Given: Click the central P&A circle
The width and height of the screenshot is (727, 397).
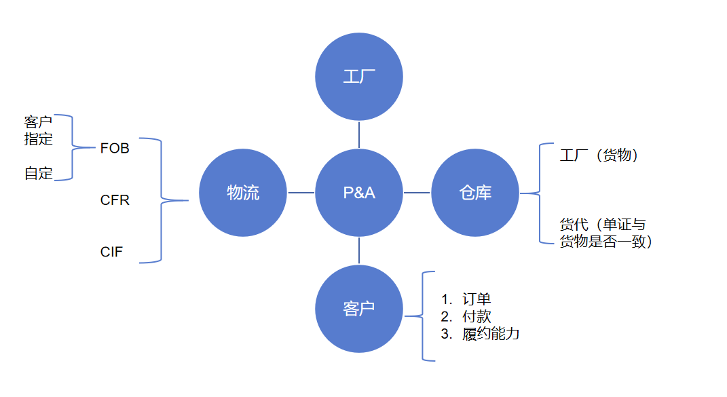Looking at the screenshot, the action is [x=359, y=193].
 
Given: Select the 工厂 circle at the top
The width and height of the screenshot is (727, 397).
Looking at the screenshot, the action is [x=359, y=77].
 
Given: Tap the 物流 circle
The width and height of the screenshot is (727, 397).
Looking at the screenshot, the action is [x=243, y=193].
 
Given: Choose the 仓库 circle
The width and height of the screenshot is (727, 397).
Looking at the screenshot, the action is [x=474, y=193].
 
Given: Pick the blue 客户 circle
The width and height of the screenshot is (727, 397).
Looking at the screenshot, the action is [x=359, y=308].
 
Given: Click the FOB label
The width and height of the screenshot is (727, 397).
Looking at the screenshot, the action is [x=115, y=149].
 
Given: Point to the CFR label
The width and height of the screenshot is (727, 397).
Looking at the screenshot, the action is [x=115, y=200].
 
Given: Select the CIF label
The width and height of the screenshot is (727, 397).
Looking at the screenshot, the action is [x=111, y=252].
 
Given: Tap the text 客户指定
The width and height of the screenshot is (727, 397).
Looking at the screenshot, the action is [x=38, y=130].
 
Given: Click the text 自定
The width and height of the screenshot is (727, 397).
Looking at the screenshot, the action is [x=38, y=174].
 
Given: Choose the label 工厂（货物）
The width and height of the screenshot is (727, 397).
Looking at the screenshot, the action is [x=599, y=155].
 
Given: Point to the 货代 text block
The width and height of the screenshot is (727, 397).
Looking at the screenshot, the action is [x=606, y=233].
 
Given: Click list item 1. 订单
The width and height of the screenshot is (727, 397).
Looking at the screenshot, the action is [x=466, y=299].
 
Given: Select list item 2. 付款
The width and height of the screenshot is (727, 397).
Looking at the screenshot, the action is [x=466, y=316].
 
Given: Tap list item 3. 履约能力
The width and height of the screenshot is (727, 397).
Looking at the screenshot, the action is [x=480, y=334].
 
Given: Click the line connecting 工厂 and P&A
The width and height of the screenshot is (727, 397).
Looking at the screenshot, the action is [x=359, y=134].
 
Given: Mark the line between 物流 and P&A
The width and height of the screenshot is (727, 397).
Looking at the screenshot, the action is [x=301, y=193].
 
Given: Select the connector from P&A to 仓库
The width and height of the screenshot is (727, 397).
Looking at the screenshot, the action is [x=417, y=193].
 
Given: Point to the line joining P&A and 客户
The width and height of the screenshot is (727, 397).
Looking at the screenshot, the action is [x=359, y=250].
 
